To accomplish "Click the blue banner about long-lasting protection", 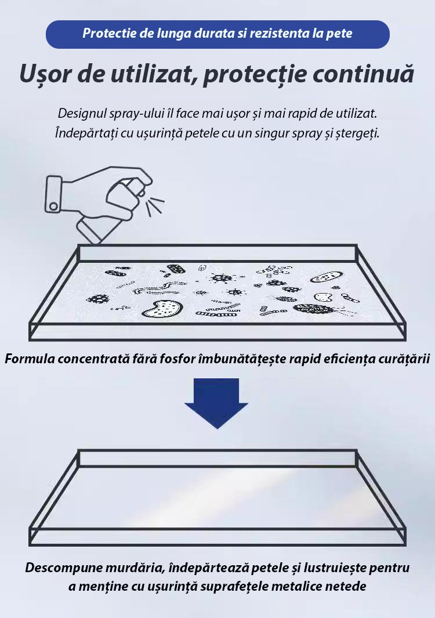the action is pos(217,34).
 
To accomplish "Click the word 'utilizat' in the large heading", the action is pos(151,74).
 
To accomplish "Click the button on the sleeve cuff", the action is pos(53,206).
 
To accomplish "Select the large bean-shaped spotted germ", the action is pos(162,308).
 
